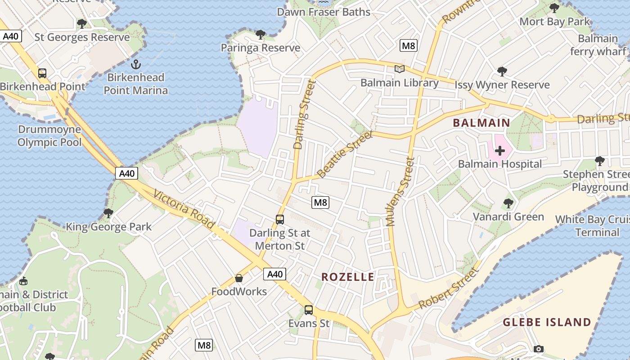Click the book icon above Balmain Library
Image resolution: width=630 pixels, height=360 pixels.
[399, 69]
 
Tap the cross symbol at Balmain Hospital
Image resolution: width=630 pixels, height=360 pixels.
[499, 151]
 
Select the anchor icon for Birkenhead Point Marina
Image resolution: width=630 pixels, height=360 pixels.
[135, 64]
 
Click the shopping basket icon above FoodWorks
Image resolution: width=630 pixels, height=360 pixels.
[239, 279]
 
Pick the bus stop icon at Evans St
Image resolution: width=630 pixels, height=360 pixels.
[308, 310]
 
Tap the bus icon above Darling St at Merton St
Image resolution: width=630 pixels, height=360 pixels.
[280, 220]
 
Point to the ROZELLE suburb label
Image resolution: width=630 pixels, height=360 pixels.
[347, 277]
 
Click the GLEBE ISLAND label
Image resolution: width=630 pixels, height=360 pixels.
[546, 322]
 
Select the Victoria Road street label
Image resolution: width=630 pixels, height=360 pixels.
[184, 209]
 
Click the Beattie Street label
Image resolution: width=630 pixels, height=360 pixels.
[345, 154]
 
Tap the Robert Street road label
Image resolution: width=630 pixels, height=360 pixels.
[448, 289]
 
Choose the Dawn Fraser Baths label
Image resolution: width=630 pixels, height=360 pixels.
[324, 12]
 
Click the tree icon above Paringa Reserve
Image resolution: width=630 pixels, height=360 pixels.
[260, 34]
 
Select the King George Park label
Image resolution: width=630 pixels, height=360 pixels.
[109, 227]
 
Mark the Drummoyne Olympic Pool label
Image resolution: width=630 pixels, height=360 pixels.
[49, 136]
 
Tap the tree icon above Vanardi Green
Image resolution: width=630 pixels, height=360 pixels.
[508, 203]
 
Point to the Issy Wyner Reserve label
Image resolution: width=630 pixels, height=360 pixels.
[502, 85]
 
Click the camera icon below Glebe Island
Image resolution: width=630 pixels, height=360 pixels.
[538, 349]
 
